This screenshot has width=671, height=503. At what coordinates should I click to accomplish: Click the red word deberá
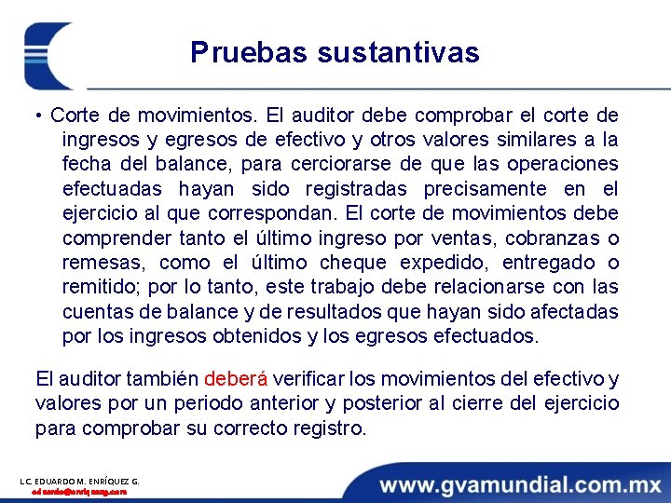coord(236,379)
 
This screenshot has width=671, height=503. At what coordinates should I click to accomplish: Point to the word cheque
coord(349,263)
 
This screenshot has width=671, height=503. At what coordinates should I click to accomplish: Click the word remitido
coord(99,287)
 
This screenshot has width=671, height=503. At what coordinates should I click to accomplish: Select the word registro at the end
coord(330,428)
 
